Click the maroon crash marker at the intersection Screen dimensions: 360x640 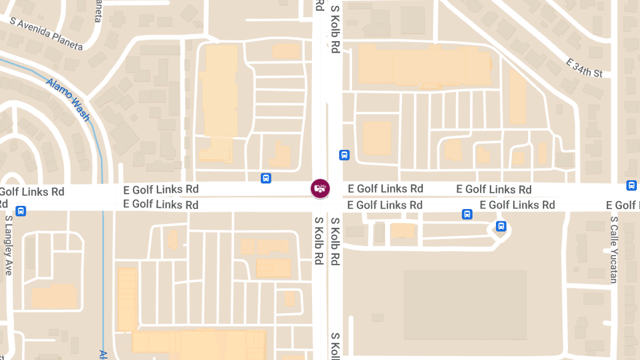coord(321,188)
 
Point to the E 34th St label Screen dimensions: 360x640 coord(584,68)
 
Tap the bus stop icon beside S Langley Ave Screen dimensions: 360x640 coord(21,211)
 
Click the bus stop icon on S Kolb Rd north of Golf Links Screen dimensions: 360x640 coord(344,155)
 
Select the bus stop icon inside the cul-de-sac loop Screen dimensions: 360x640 coord(501,226)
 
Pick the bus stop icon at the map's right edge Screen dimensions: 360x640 coord(631,186)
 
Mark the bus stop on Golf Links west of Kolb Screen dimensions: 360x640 coord(266,178)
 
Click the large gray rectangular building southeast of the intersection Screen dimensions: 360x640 coord(465,305)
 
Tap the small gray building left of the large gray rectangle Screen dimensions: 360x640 coord(378,317)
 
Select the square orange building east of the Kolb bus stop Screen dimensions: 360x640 coord(377,138)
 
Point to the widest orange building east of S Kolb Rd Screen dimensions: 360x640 coord(424,65)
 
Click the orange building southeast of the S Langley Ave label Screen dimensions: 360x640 coord(53,297)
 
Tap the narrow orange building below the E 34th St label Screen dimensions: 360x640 coord(517,97)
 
